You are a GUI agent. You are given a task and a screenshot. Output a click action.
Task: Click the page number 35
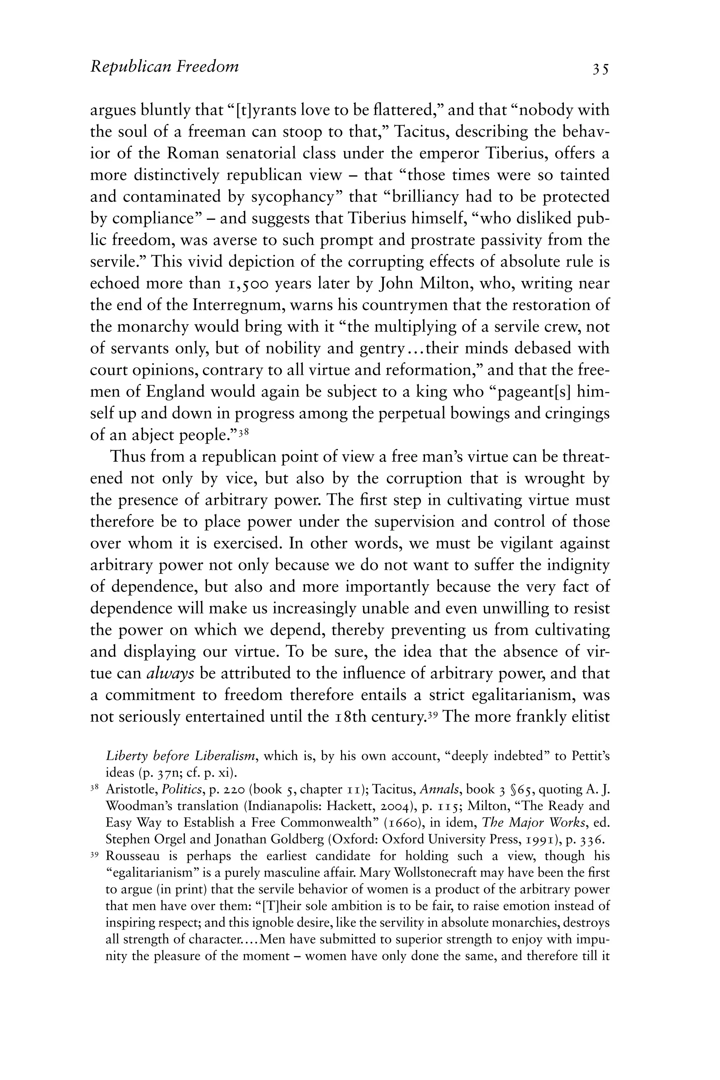click(600, 69)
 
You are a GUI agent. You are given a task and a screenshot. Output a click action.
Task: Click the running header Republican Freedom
click(165, 67)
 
